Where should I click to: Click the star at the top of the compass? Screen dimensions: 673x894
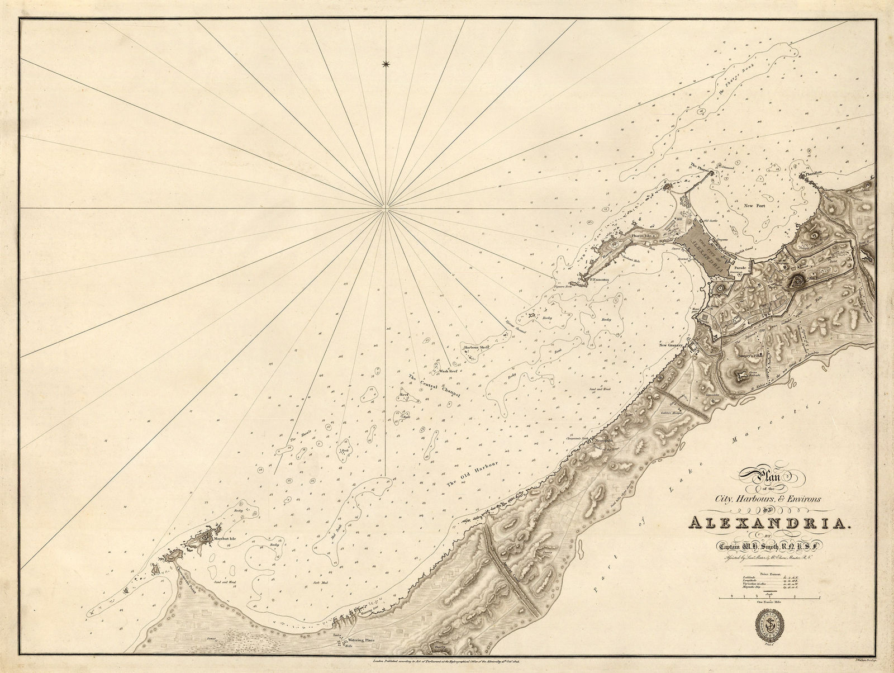tap(385, 65)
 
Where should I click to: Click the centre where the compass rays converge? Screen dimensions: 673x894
tap(385, 210)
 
